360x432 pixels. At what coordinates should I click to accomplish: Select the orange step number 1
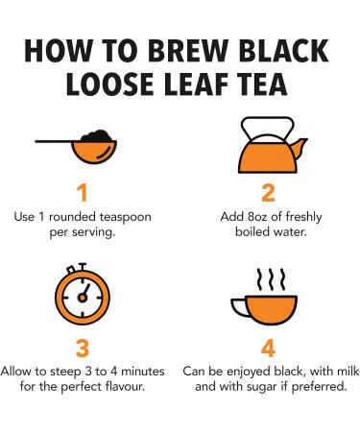[83, 193]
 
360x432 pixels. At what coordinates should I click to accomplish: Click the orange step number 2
[268, 193]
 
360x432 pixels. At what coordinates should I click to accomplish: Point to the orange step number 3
[83, 348]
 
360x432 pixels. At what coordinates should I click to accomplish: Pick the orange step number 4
[268, 348]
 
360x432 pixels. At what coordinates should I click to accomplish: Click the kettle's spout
[300, 148]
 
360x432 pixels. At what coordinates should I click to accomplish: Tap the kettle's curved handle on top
[268, 128]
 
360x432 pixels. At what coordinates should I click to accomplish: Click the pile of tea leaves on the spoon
[97, 136]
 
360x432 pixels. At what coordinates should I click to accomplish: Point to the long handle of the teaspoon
[58, 141]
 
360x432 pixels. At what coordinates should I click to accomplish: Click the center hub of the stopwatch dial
[83, 298]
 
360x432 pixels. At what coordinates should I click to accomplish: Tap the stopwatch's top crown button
[83, 267]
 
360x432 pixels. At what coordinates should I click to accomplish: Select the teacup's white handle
[239, 307]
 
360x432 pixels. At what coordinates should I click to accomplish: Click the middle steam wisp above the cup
[272, 279]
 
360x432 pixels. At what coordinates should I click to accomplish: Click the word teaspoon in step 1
[125, 218]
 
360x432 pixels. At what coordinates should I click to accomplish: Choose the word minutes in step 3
[143, 372]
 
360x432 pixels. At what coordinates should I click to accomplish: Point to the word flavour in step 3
[126, 387]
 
